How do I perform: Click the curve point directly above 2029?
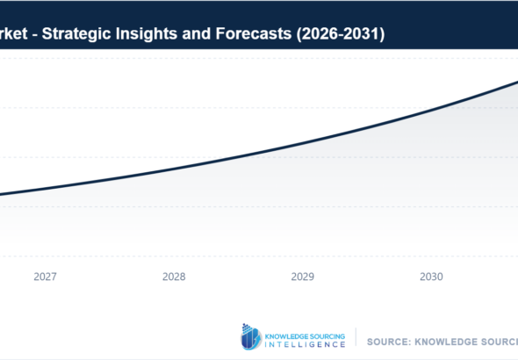(303, 142)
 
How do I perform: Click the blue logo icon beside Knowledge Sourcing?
(250, 337)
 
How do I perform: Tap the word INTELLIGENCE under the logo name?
(305, 344)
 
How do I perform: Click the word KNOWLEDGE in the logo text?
(282, 332)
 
